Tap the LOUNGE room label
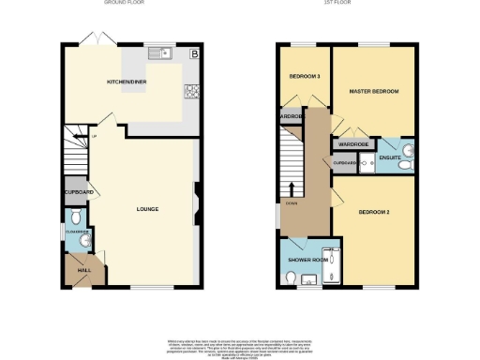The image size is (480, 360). coord(145,208)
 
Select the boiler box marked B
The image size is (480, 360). coord(194,54)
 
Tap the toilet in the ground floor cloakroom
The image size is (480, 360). coord(84,240)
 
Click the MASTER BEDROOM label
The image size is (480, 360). coord(374,92)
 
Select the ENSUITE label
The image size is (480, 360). coord(389,158)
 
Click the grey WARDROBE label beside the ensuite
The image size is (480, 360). coord(353,145)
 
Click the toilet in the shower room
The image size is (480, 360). coord(292,277)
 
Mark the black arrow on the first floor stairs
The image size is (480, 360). coord(291,187)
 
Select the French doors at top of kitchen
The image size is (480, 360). coord(91,39)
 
